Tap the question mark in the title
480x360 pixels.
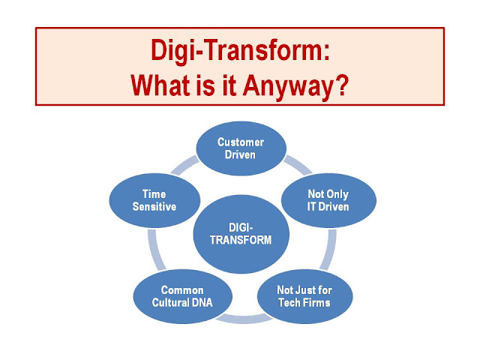click(x=342, y=85)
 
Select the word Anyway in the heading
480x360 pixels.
click(x=287, y=87)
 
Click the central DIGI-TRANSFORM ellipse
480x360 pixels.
click(x=241, y=234)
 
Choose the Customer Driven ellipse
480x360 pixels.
click(x=241, y=148)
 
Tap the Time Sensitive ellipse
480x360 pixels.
click(x=154, y=200)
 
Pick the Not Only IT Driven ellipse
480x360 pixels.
click(x=328, y=200)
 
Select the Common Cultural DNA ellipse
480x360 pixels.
click(x=182, y=296)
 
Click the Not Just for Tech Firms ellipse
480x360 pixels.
click(x=304, y=296)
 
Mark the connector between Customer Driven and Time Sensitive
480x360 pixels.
click(x=184, y=165)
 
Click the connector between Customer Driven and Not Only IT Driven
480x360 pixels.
click(x=298, y=165)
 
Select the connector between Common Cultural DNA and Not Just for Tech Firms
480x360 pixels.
click(x=244, y=319)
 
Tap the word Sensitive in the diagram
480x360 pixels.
click(x=154, y=207)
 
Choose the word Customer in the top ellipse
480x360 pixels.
click(x=241, y=142)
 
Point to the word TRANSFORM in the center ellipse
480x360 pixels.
click(x=241, y=240)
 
